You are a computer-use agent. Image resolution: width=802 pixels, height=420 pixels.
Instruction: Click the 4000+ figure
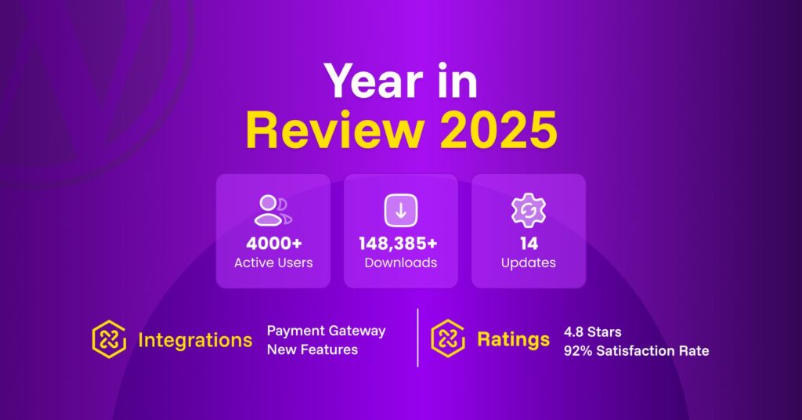coord(273,243)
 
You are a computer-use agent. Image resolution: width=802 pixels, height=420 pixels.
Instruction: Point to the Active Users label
coord(273,262)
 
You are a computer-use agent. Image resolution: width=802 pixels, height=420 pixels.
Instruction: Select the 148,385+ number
coord(400,243)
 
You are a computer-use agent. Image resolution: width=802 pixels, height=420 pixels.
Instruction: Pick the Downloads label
coord(400,262)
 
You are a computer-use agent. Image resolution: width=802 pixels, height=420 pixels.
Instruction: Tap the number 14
coord(528,243)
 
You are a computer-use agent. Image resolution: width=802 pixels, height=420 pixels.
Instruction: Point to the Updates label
coord(528,262)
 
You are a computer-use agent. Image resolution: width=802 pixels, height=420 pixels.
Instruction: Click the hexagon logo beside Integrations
coord(109,339)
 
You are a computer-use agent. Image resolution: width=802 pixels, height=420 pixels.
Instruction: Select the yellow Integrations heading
coord(195,340)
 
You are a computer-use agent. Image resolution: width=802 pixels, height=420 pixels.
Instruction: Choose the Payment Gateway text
coord(326,331)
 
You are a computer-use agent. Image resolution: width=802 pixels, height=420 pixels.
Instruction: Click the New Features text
coord(312,350)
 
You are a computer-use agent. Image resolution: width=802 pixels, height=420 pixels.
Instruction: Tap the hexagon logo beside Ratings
coord(448,339)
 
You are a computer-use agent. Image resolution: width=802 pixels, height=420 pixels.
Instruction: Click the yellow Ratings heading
coord(513,340)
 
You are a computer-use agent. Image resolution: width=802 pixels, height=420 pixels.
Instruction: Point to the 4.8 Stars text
coord(592,331)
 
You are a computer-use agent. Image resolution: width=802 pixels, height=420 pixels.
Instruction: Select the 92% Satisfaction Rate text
coord(636,351)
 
